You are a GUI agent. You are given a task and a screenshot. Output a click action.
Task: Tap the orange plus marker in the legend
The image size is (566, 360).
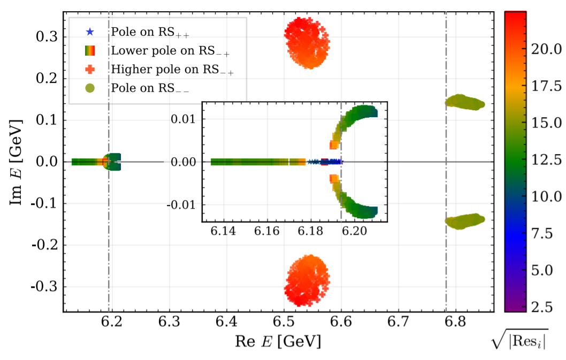point(90,70)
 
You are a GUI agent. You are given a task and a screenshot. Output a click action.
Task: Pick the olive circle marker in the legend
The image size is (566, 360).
point(90,88)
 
